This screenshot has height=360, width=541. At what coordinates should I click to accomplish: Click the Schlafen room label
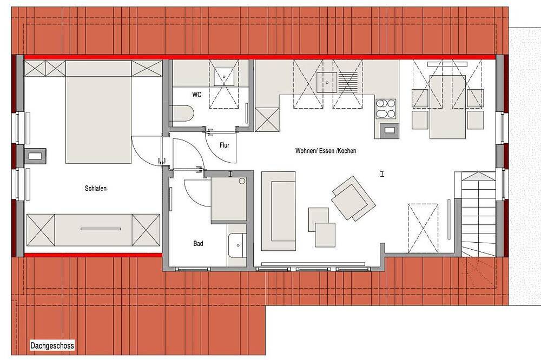pos(96,188)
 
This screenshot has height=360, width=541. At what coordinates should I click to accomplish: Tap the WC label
pos(197,95)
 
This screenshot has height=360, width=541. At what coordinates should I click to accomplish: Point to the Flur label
pos(225,145)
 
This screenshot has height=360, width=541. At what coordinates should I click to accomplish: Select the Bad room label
pos(198,243)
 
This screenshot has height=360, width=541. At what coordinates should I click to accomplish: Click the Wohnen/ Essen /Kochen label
pos(326,151)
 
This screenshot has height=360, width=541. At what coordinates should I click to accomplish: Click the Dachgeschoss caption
pos(52,345)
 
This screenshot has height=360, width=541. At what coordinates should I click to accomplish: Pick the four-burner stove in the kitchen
pos(386,109)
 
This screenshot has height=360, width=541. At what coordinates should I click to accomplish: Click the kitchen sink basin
pos(327,82)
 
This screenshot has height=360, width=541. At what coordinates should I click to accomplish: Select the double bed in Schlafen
pos(98,119)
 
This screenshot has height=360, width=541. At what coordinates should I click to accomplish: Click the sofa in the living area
pos(279,211)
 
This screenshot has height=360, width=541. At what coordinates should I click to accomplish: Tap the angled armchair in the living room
pos(353,198)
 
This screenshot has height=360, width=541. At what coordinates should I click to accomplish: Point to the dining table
pos(447,106)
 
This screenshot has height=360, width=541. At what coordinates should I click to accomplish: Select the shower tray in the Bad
pos(228,199)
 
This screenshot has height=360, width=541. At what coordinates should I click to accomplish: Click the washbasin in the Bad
pos(237,245)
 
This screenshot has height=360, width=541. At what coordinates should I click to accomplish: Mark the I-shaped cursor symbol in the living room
pos(382,174)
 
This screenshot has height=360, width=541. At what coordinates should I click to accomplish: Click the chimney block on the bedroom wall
pos(35,156)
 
